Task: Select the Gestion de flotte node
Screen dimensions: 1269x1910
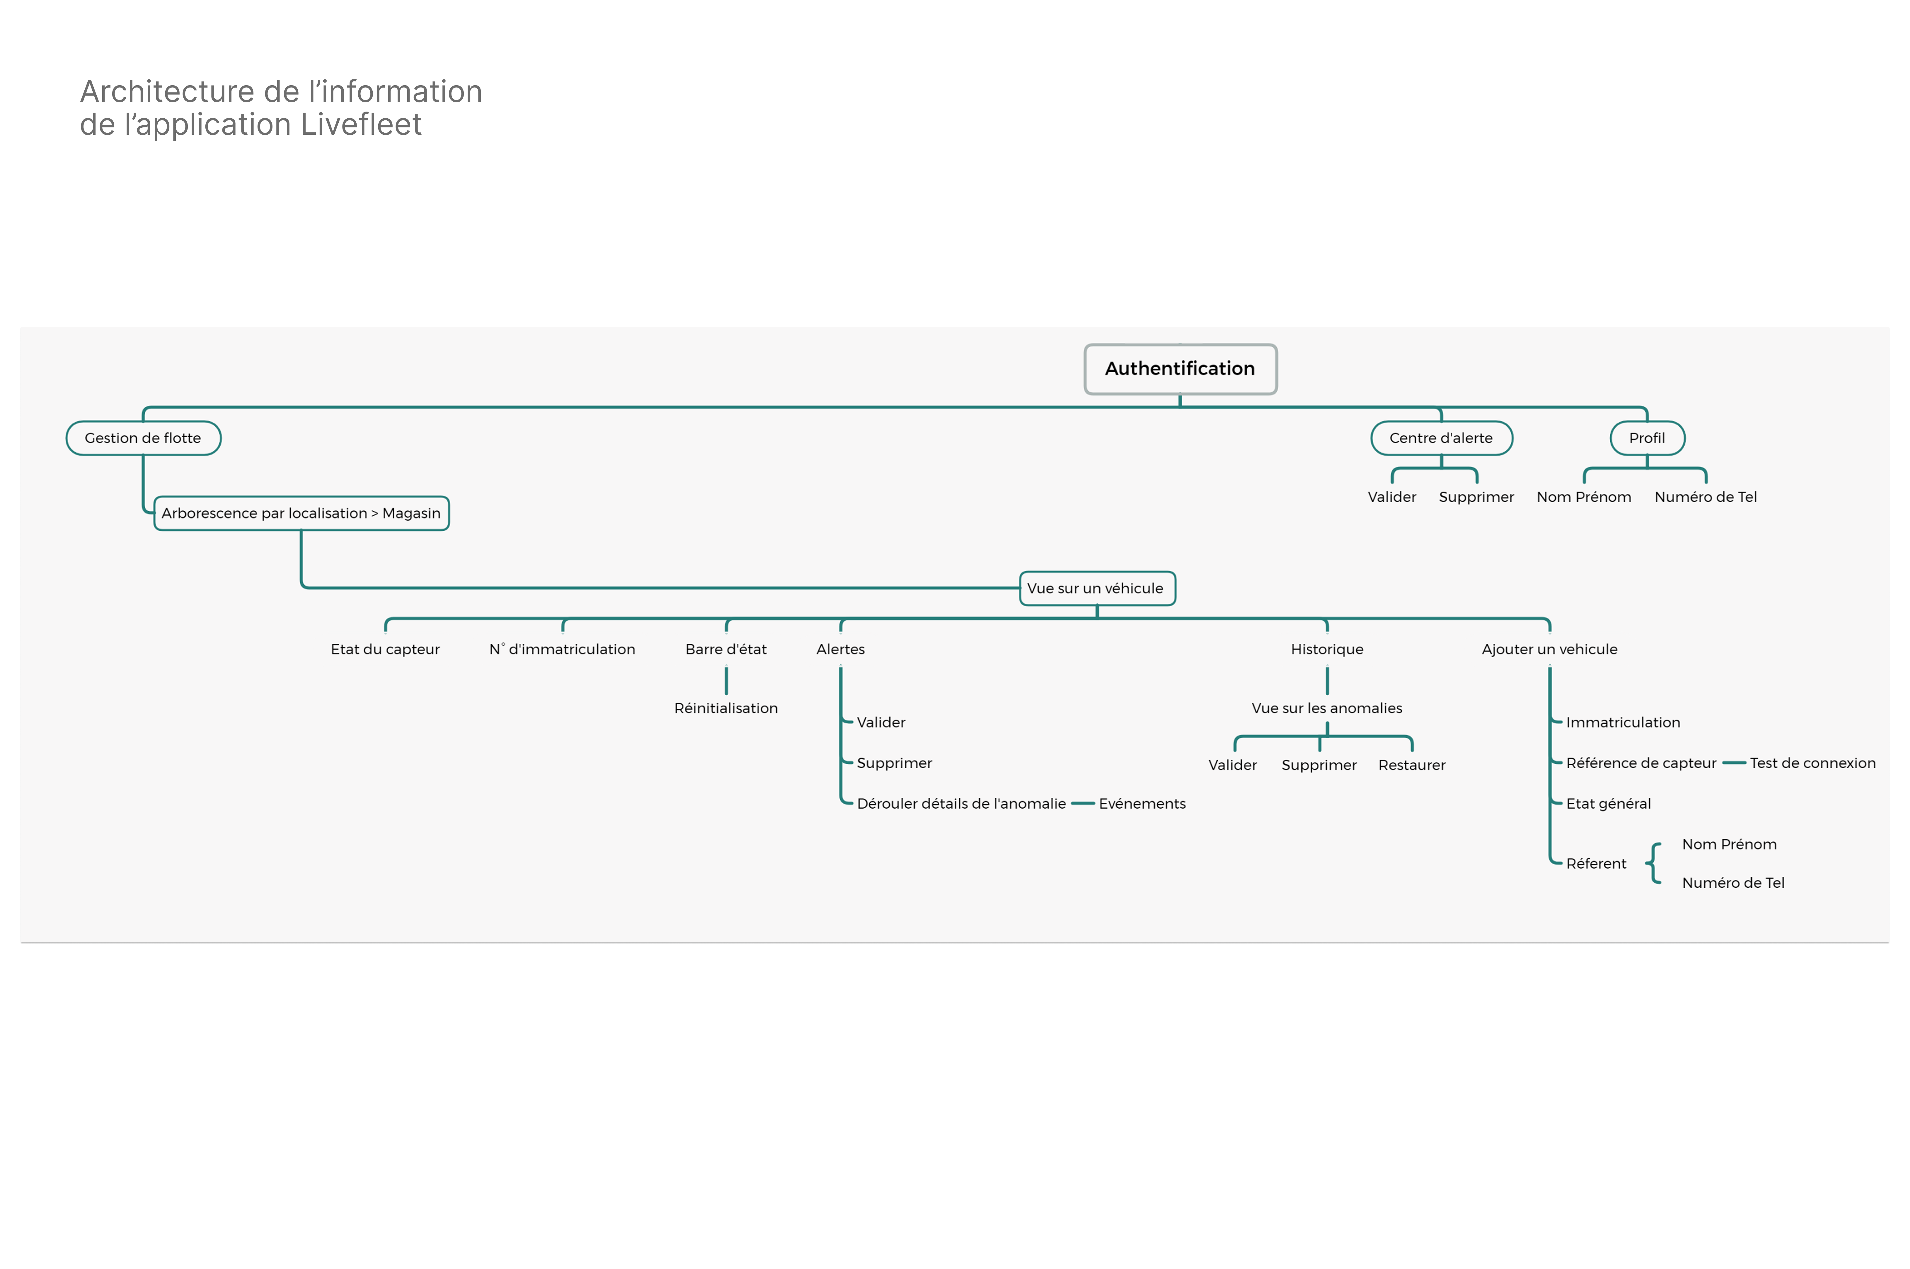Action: click(x=143, y=438)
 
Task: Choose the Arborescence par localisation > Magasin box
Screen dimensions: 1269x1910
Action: click(x=301, y=513)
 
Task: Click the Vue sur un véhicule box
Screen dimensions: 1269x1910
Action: click(x=1096, y=588)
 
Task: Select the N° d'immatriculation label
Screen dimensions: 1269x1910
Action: click(x=562, y=649)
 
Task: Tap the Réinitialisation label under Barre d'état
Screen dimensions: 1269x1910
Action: click(x=725, y=708)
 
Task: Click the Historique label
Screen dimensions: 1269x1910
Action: click(x=1326, y=649)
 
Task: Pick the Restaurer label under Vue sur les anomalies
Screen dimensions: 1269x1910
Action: click(x=1411, y=765)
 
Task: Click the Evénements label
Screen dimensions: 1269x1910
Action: click(x=1141, y=804)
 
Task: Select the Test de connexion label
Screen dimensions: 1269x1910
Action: click(x=1812, y=763)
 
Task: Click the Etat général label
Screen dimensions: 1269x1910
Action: click(x=1608, y=804)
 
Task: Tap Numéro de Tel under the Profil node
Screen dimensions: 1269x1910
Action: click(x=1705, y=497)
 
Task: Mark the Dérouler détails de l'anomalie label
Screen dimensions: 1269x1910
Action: click(x=961, y=804)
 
